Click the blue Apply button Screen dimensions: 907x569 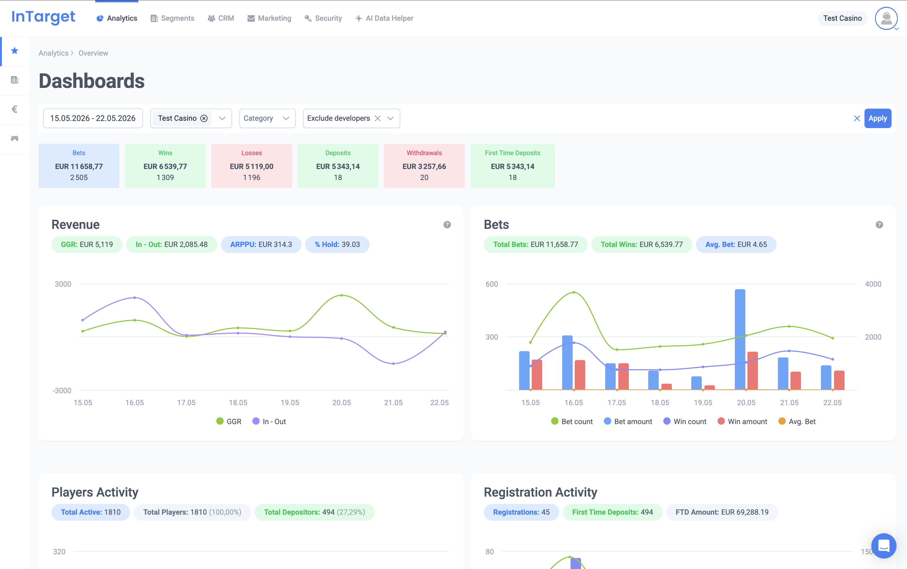click(x=877, y=118)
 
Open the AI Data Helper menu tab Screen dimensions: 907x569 click(x=384, y=18)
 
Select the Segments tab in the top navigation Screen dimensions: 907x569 click(x=172, y=18)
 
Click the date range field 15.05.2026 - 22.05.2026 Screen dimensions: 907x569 click(x=93, y=118)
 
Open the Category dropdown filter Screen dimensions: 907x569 click(x=267, y=118)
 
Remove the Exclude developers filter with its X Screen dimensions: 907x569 click(x=378, y=118)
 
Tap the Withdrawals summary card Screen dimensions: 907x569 click(x=424, y=166)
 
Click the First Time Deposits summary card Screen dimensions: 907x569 click(x=512, y=166)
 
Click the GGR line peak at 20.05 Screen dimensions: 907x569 click(x=341, y=295)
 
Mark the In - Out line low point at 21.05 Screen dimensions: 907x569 click(x=393, y=363)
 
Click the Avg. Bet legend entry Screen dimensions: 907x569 click(x=797, y=422)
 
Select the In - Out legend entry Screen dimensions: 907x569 click(x=269, y=422)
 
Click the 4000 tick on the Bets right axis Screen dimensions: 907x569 click(x=873, y=284)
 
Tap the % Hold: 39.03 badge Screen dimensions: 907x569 click(x=337, y=245)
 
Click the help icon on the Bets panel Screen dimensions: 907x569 click(x=879, y=225)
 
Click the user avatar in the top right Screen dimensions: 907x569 click(x=886, y=18)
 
